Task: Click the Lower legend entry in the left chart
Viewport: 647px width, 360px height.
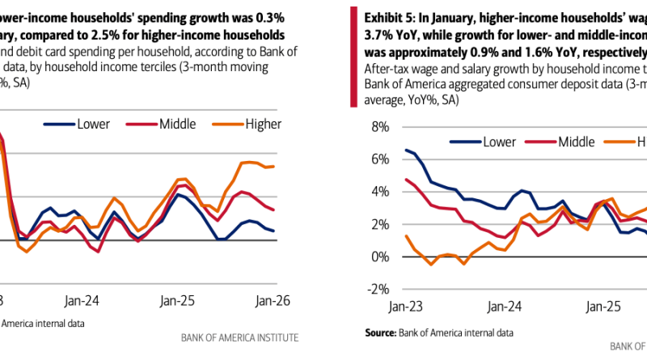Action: pos(91,124)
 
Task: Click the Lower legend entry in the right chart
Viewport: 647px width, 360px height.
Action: pos(498,142)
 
